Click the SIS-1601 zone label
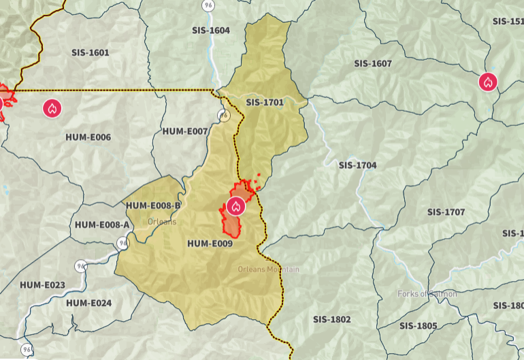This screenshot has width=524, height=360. tap(90, 52)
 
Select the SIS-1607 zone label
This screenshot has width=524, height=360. tap(373, 63)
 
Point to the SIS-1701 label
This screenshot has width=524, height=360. tap(265, 103)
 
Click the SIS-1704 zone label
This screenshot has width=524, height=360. tap(357, 165)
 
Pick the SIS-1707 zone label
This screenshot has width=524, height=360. tap(446, 212)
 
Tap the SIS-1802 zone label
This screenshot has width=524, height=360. tap(332, 319)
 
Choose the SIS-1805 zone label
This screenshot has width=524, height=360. tap(419, 326)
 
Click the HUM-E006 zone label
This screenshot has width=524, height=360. tap(88, 137)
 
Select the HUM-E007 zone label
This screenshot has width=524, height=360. tap(185, 131)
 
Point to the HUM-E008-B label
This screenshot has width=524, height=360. tap(153, 206)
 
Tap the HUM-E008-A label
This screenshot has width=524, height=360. tap(101, 225)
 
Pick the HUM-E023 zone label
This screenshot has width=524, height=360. tap(42, 284)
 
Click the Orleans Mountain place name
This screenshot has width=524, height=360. tap(268, 269)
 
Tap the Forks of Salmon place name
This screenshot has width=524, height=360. tap(427, 294)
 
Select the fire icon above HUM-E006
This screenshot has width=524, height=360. tap(52, 108)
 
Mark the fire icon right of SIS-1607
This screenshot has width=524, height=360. tap(488, 82)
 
